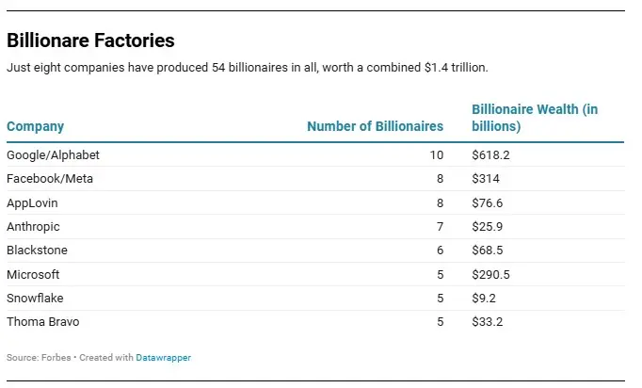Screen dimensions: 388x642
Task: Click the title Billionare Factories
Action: (90, 40)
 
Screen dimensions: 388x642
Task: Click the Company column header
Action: (35, 127)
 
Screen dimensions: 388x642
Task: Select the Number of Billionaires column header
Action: (375, 127)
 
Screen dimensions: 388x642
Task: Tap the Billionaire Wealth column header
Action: (534, 118)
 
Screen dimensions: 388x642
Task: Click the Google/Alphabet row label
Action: (53, 154)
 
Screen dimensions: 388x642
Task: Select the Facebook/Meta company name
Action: (50, 179)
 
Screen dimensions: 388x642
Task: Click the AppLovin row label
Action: (32, 202)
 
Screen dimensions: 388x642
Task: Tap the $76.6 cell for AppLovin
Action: (487, 202)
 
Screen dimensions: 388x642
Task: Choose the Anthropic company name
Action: (35, 227)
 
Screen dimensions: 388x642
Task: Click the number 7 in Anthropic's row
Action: (439, 227)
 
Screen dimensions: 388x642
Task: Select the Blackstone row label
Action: (37, 251)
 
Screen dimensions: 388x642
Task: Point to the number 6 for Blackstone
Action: (439, 251)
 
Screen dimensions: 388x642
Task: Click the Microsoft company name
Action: (33, 274)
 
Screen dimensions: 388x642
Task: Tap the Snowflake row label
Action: (35, 299)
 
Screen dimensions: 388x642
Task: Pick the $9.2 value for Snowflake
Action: (484, 299)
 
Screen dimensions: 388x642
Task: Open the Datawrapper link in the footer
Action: (163, 358)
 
